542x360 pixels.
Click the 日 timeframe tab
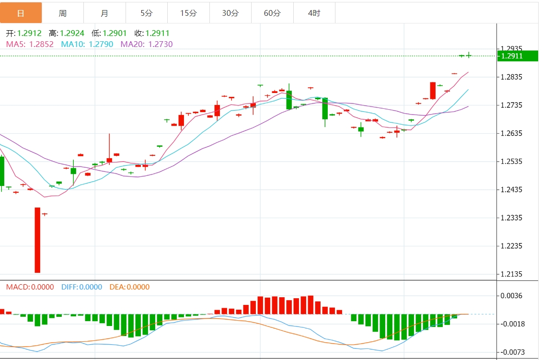21,13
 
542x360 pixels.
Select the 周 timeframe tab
63,13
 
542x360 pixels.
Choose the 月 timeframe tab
104,13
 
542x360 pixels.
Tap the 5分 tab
147,13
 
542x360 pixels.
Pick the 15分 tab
188,13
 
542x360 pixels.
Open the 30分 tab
230,13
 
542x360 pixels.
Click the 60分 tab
272,13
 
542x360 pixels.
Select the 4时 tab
314,13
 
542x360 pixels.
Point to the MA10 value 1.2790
101,44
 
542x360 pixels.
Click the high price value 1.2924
72,33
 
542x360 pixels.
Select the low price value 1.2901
115,33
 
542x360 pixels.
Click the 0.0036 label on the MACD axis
512,296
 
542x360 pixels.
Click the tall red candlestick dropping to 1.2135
37,240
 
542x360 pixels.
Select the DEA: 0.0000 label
129,287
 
